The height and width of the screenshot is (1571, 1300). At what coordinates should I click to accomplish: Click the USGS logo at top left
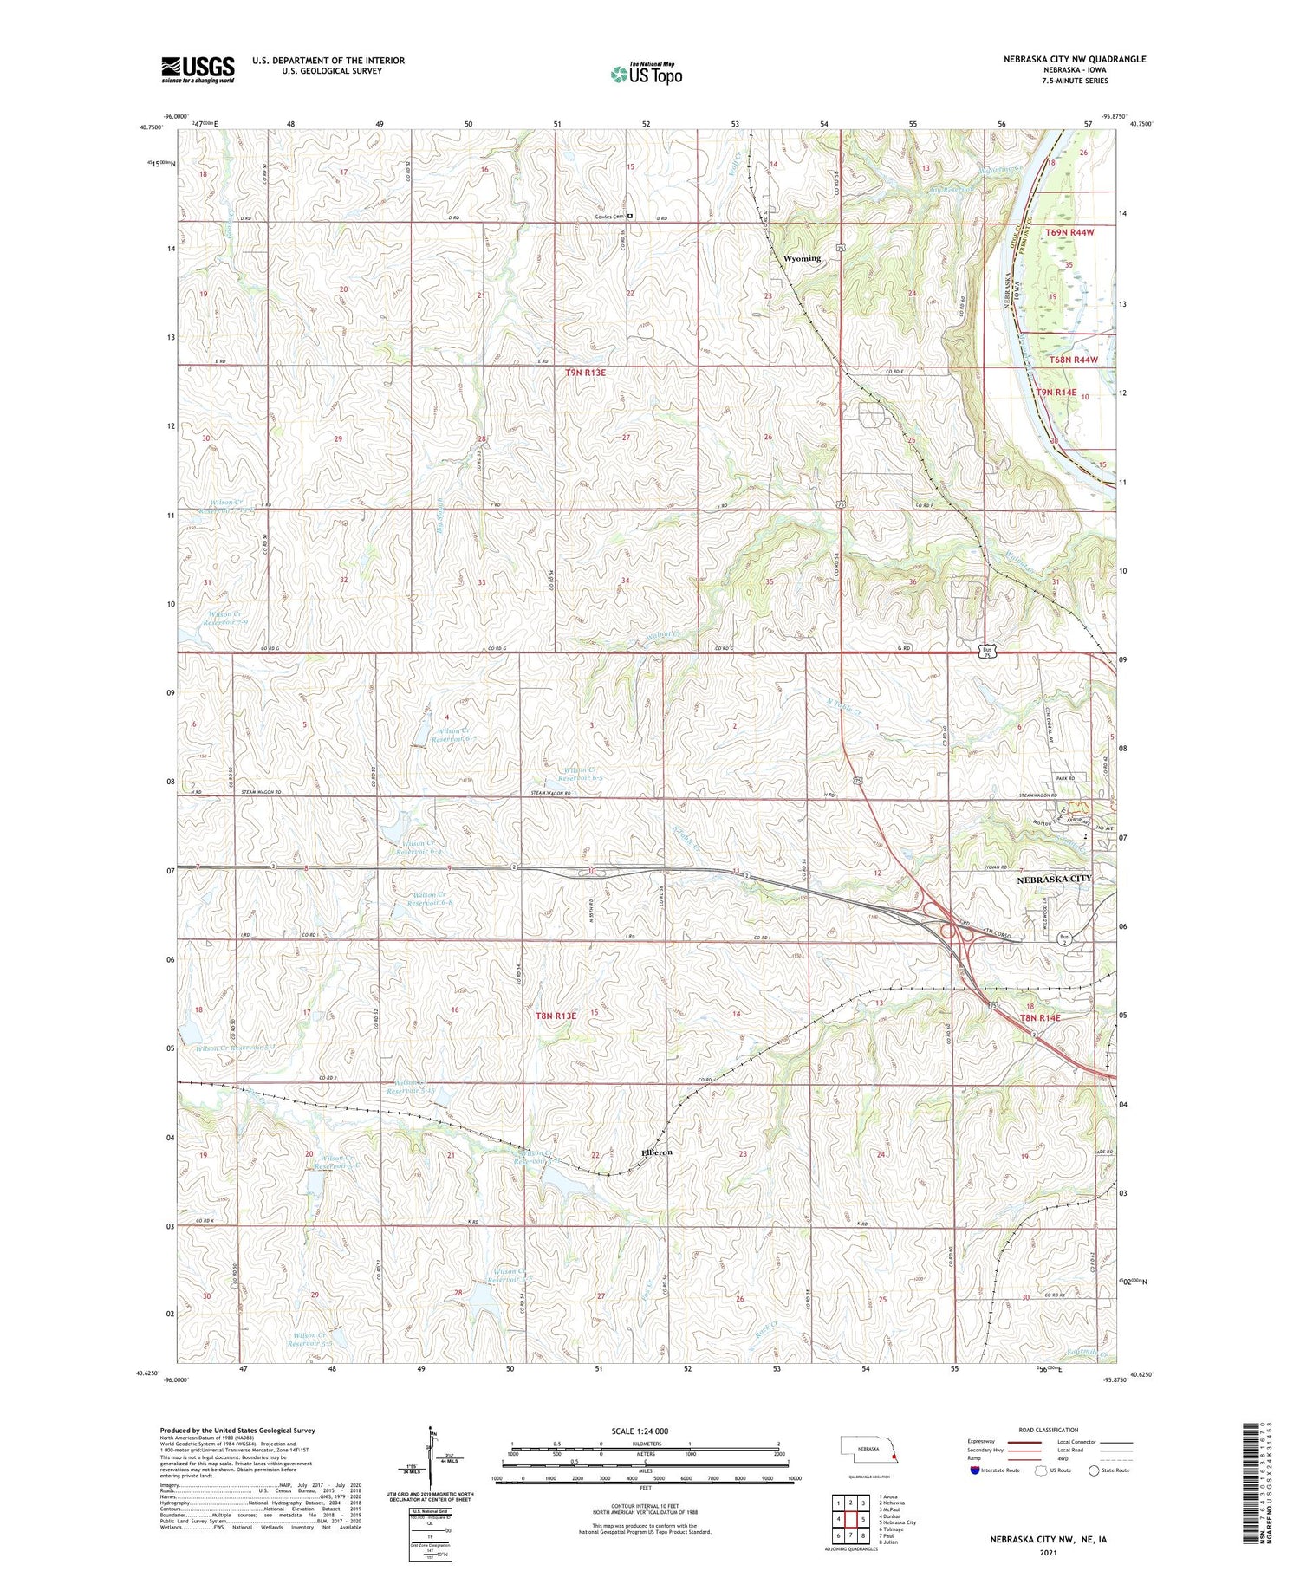198,69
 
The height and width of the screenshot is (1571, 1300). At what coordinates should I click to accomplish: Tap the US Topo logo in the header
647,74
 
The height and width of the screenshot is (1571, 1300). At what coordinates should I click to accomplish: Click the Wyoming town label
801,258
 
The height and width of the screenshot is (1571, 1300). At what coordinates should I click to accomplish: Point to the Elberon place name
656,1152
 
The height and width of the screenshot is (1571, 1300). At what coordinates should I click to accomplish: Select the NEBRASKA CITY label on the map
1053,878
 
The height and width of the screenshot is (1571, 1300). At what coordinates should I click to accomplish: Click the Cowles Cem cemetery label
609,217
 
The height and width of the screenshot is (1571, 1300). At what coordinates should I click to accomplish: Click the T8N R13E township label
555,1015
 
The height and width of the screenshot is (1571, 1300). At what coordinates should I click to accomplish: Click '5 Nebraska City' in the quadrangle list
897,1522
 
